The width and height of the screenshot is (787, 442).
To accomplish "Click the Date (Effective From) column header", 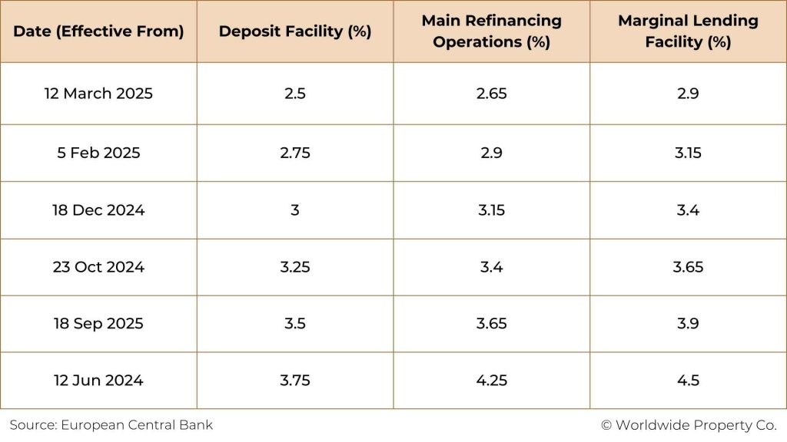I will pyautogui.click(x=98, y=31).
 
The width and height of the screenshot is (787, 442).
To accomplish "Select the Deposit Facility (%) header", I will pyautogui.click(x=295, y=31).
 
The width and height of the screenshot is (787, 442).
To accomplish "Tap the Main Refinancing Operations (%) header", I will pyautogui.click(x=491, y=31).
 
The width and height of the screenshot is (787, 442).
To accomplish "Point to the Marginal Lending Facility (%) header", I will pyautogui.click(x=688, y=31).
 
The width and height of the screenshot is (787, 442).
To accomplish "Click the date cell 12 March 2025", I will pyautogui.click(x=98, y=94).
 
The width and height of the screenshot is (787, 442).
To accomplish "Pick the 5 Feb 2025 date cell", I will pyautogui.click(x=98, y=153).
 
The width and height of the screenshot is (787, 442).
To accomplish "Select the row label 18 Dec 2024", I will pyautogui.click(x=98, y=210).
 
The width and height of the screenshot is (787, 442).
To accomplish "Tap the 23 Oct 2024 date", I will pyautogui.click(x=98, y=267).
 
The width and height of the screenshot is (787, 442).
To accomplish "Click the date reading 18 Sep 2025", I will pyautogui.click(x=98, y=324).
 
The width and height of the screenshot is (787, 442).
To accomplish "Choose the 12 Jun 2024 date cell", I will pyautogui.click(x=98, y=381).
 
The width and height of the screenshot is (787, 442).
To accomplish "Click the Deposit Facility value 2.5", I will pyautogui.click(x=295, y=94).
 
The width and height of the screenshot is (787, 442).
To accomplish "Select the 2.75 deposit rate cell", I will pyautogui.click(x=295, y=153).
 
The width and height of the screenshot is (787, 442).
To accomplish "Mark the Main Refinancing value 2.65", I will pyautogui.click(x=491, y=94).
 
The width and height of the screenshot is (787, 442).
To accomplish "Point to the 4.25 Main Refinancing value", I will pyautogui.click(x=491, y=381).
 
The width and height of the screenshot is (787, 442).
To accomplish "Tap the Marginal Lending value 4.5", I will pyautogui.click(x=688, y=381).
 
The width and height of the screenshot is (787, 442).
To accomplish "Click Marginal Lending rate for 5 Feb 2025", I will pyautogui.click(x=688, y=153).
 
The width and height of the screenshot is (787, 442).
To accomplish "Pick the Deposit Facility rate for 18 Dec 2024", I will pyautogui.click(x=295, y=210).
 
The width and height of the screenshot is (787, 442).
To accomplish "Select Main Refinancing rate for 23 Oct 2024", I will pyautogui.click(x=491, y=267).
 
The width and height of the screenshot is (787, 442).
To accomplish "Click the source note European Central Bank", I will pyautogui.click(x=111, y=424).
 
